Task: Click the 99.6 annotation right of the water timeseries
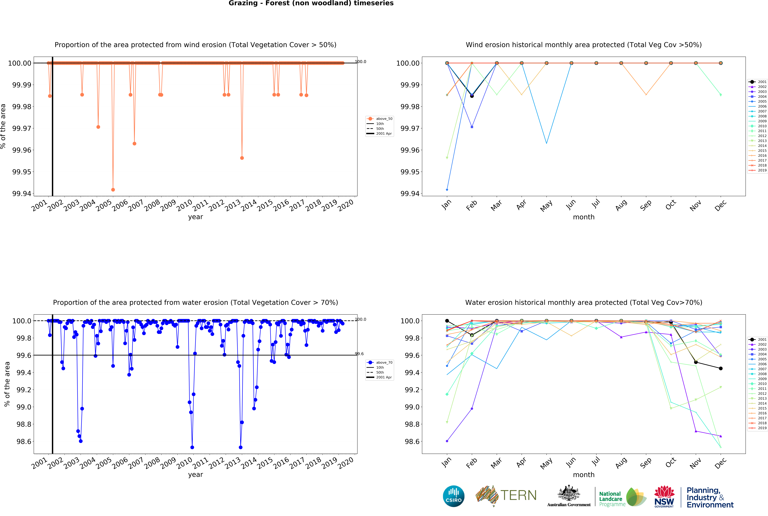click(359, 354)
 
